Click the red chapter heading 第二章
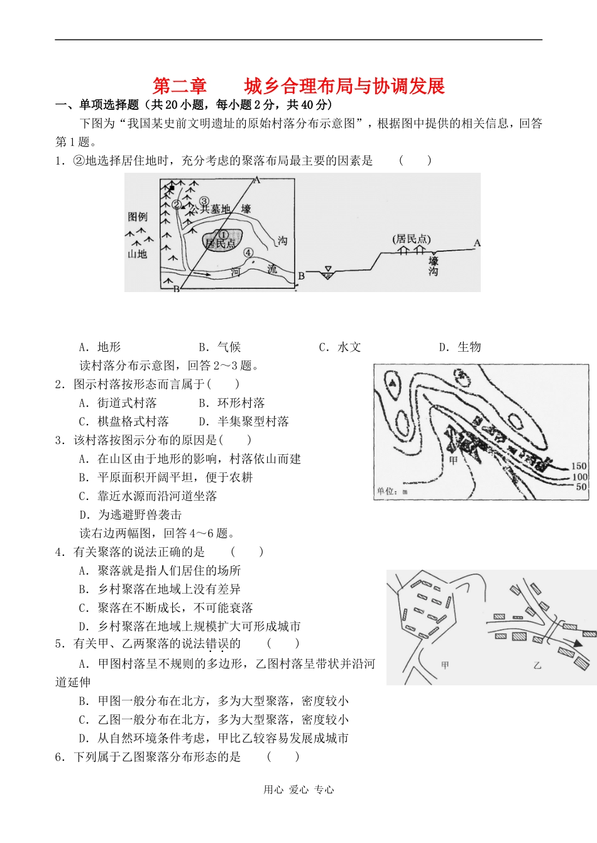[180, 85]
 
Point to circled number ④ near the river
[248, 253]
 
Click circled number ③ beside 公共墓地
[204, 201]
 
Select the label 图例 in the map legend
[138, 217]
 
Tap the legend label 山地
[137, 254]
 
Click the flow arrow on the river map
[202, 274]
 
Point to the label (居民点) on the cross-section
[412, 239]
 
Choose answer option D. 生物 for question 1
[460, 347]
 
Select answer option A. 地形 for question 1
[100, 347]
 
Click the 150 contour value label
[579, 466]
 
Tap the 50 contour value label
[581, 487]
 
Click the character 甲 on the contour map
[454, 460]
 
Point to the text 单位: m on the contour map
[392, 491]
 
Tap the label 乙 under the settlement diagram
[537, 665]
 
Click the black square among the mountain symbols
[172, 187]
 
